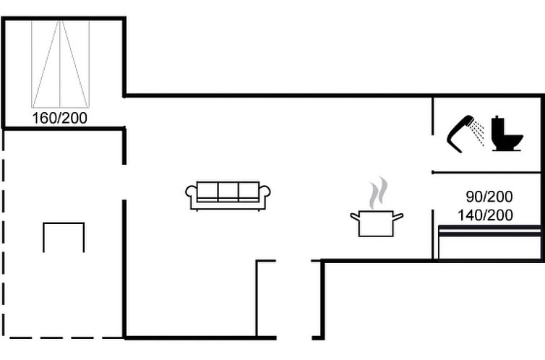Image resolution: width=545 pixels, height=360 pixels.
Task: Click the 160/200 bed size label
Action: [x=60, y=119]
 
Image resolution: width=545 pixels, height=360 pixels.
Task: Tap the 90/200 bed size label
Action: [x=489, y=197]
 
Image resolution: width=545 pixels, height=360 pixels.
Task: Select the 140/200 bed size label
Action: [x=485, y=215]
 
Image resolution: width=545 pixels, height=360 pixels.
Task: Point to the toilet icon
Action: [x=507, y=134]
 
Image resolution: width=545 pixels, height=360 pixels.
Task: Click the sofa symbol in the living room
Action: [x=228, y=196]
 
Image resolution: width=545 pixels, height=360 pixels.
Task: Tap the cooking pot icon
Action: [x=377, y=223]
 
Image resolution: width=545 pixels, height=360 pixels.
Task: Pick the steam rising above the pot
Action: [x=378, y=193]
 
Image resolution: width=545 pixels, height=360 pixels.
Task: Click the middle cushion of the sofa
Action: [x=228, y=191]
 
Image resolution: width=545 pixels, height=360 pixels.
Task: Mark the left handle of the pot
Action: [x=354, y=217]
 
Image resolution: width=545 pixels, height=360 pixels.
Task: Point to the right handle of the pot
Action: [x=398, y=217]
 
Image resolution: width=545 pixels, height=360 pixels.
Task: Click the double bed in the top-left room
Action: [x=60, y=64]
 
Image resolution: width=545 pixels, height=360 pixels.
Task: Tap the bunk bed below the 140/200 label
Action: [x=490, y=242]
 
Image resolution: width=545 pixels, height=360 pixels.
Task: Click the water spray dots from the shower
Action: [x=477, y=133]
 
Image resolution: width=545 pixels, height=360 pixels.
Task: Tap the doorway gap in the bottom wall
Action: [x=294, y=338]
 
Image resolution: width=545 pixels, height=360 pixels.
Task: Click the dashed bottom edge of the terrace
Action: [x=64, y=338]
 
